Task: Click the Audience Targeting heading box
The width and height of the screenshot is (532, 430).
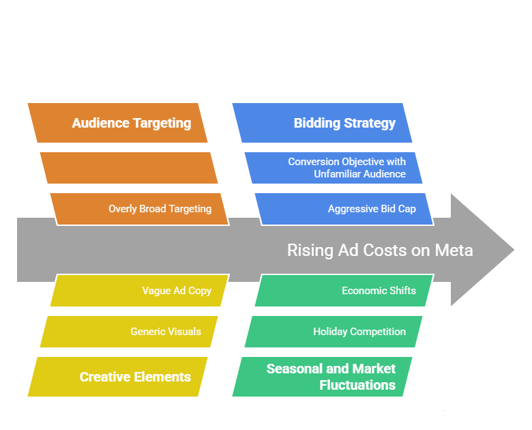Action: click(117, 123)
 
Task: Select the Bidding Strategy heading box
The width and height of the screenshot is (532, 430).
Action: click(322, 123)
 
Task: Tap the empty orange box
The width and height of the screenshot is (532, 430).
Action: click(129, 168)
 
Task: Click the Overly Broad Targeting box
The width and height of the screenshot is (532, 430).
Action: click(139, 209)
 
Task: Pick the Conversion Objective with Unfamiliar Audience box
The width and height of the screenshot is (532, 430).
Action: click(334, 168)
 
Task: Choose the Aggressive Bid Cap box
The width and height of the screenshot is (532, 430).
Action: click(344, 209)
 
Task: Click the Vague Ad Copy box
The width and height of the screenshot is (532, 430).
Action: click(139, 291)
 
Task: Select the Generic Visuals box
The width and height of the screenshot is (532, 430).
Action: click(129, 332)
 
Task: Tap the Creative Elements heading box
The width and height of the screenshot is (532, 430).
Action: click(117, 377)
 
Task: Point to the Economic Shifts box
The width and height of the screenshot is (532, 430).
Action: click(344, 291)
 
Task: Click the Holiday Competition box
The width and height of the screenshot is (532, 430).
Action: click(334, 332)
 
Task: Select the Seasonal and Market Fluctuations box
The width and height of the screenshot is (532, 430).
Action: click(322, 377)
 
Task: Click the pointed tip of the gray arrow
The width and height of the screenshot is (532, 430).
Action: click(514, 250)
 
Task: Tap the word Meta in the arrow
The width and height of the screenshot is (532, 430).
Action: click(454, 250)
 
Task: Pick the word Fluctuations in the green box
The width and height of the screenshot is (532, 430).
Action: click(357, 385)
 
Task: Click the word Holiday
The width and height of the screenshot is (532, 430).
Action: click(330, 332)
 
